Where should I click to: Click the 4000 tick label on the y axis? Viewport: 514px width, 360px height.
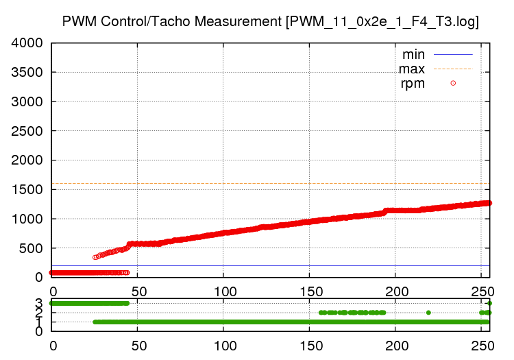coord(27,43)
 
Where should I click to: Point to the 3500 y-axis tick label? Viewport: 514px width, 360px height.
coord(27,73)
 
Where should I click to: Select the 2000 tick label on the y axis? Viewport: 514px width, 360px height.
coord(27,160)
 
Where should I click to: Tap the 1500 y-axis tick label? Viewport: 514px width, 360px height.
coord(27,190)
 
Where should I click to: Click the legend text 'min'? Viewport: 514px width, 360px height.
coord(413,54)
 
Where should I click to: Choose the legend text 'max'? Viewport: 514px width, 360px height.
coord(412,69)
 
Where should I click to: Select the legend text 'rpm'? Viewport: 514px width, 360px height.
coord(413,84)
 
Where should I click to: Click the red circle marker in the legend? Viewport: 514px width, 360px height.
coord(453,84)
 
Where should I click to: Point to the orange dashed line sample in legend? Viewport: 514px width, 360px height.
coord(453,69)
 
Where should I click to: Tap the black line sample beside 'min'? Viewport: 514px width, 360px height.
coord(453,54)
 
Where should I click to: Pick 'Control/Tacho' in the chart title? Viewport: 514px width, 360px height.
coord(146,21)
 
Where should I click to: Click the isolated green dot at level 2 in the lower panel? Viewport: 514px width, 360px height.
coord(428,313)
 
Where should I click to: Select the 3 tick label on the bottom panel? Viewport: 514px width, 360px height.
coord(39,303)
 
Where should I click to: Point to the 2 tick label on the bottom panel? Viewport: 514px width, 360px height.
coord(39,313)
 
